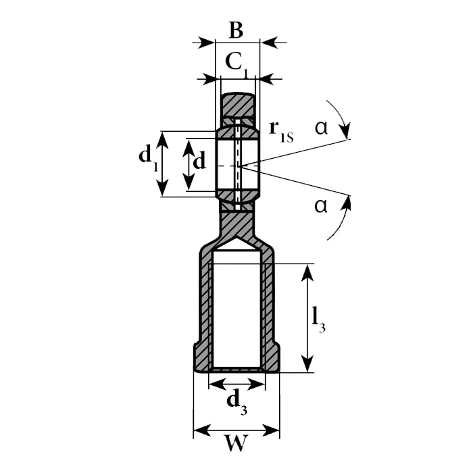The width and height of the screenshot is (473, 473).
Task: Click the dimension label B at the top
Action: tap(235, 30)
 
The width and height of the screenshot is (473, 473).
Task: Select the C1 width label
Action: tap(236, 63)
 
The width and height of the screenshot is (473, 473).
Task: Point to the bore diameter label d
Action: tap(199, 162)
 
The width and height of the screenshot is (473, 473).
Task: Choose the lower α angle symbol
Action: tap(321, 205)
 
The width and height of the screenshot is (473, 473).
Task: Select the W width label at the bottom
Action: tap(236, 444)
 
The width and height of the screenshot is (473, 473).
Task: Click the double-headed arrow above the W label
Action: tap(236, 429)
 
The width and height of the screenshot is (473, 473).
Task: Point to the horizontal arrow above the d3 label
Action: tap(236, 384)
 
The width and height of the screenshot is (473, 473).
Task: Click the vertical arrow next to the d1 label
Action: tap(162, 164)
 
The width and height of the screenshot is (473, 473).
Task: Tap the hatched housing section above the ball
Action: tap(239, 105)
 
